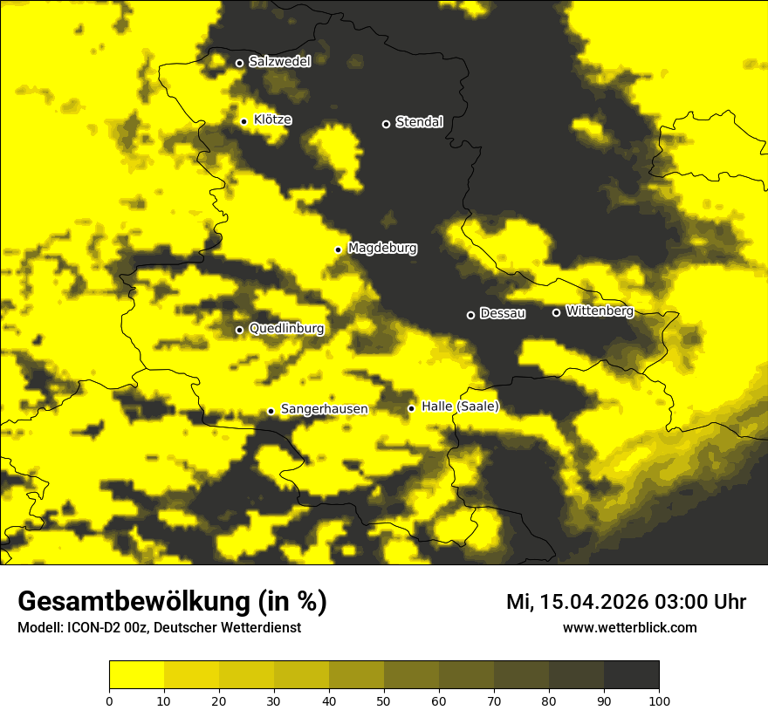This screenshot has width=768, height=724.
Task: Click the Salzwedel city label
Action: [279, 62]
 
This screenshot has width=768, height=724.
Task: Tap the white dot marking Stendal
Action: [386, 124]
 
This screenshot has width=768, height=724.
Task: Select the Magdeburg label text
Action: [382, 249]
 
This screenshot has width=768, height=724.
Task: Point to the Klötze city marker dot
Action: [243, 121]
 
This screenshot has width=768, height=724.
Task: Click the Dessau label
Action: [503, 314]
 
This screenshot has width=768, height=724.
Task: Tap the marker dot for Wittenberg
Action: [556, 312]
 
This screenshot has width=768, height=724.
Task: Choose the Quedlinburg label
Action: [286, 329]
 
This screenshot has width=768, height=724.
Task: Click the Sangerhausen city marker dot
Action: [271, 411]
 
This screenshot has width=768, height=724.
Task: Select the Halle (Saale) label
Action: [460, 406]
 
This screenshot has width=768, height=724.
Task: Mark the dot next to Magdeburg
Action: [338, 249]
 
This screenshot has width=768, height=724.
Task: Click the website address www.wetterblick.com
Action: [629, 628]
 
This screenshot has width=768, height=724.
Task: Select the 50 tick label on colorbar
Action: [384, 700]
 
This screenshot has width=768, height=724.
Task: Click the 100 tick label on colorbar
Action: [659, 700]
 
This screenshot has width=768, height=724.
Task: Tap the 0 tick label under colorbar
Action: [109, 700]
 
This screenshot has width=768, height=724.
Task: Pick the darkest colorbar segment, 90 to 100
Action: [631, 674]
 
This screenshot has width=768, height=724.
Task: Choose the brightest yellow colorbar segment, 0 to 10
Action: [136, 674]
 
